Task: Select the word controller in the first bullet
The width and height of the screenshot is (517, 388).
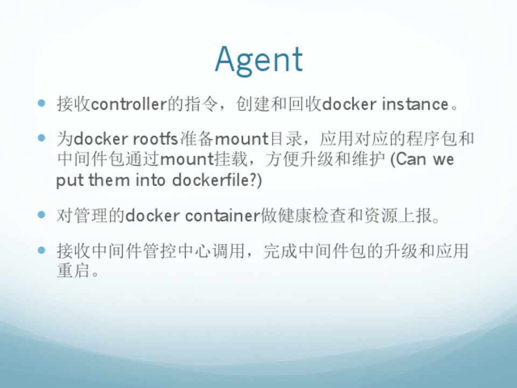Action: coord(129,104)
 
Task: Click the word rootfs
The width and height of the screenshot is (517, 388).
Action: coord(155,138)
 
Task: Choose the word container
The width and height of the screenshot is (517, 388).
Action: coord(222,216)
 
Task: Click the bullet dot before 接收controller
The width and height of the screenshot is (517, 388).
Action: coord(41,103)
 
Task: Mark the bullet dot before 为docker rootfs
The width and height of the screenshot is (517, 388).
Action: coord(41,137)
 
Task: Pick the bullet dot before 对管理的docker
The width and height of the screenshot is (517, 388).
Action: coord(41,215)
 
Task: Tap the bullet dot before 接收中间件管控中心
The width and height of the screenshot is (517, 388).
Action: coord(41,250)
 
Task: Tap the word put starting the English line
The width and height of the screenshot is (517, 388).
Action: coord(69,181)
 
